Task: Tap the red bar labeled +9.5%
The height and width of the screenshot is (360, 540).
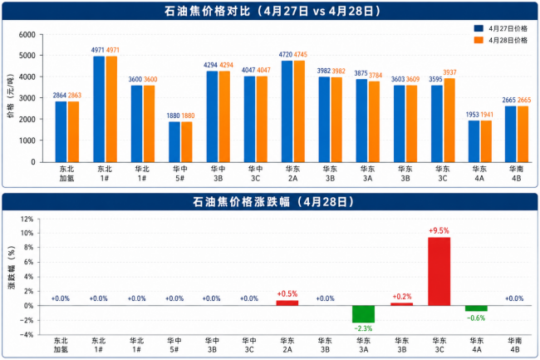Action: click(x=439, y=271)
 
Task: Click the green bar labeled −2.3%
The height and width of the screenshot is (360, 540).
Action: click(x=363, y=313)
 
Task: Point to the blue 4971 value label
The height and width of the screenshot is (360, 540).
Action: click(x=98, y=51)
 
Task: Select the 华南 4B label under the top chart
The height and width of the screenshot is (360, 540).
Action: click(x=514, y=176)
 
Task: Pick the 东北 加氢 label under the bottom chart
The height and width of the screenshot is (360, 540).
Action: click(x=61, y=346)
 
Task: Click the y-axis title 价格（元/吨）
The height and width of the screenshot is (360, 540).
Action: click(x=12, y=99)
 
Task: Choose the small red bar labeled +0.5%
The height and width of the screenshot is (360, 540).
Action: click(x=287, y=303)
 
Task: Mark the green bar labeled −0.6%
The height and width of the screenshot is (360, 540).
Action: click(x=476, y=308)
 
